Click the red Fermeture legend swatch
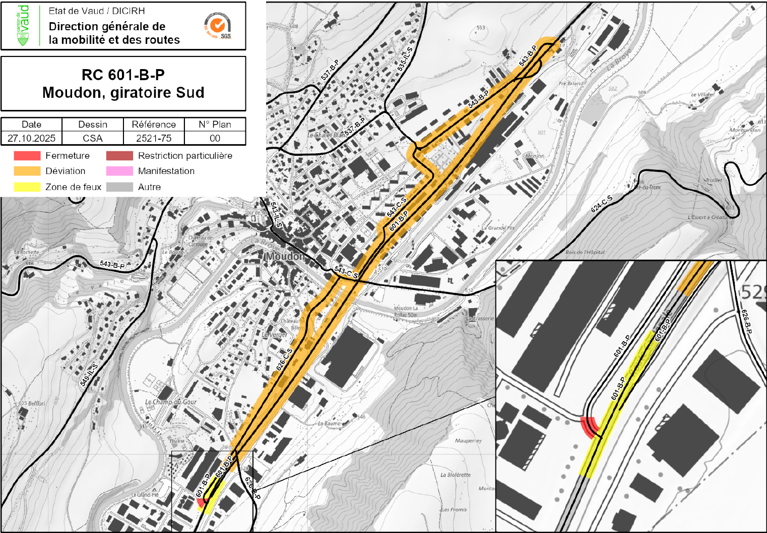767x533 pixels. pyautogui.click(x=27, y=156)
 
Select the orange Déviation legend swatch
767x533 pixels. pyautogui.click(x=27, y=171)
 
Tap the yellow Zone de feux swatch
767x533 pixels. pyautogui.click(x=27, y=187)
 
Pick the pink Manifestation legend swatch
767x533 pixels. pyautogui.click(x=119, y=171)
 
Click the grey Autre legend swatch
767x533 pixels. pyautogui.click(x=119, y=187)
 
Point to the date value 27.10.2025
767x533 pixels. pyautogui.click(x=31, y=138)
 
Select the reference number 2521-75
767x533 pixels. pyautogui.click(x=154, y=138)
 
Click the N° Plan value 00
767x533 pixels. pyautogui.click(x=215, y=138)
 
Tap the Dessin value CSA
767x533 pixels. pyautogui.click(x=93, y=138)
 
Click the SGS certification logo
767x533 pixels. pyautogui.click(x=218, y=26)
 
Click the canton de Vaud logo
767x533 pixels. pyautogui.click(x=23, y=25)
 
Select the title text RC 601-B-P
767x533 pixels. pyautogui.click(x=123, y=75)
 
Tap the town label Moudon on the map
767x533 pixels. pyautogui.click(x=285, y=256)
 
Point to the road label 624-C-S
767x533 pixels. pyautogui.click(x=602, y=203)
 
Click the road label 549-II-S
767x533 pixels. pyautogui.click(x=89, y=375)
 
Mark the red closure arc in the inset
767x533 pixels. pyautogui.click(x=588, y=427)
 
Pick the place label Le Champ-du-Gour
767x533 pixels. pyautogui.click(x=171, y=402)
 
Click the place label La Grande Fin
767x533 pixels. pyautogui.click(x=497, y=228)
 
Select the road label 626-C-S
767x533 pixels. pyautogui.click(x=284, y=360)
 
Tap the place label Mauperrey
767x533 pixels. pyautogui.click(x=468, y=441)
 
